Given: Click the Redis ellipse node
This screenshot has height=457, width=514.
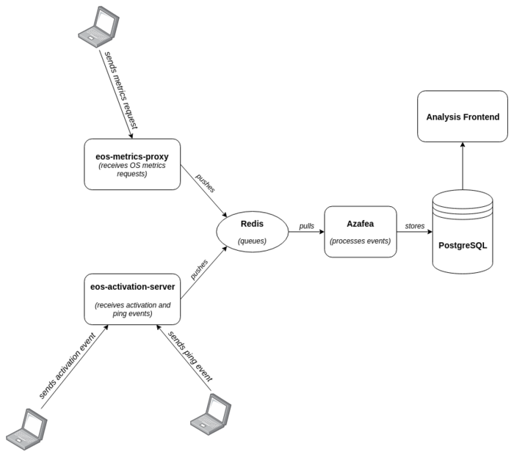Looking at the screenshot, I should [252, 230].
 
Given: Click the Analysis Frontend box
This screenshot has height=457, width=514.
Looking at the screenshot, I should [463, 117].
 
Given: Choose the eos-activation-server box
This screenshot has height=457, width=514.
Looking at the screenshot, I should [132, 300].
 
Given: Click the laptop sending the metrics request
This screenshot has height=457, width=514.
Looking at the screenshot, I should [98, 25].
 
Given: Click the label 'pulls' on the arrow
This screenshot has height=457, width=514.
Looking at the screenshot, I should [307, 226].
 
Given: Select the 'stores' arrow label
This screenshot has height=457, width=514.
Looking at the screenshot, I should [414, 226].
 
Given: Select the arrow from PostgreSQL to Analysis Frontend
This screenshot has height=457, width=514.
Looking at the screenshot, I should [463, 166].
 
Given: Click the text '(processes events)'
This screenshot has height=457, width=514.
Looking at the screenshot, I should [361, 241].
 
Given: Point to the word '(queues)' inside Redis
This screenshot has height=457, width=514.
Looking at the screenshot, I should [252, 240].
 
